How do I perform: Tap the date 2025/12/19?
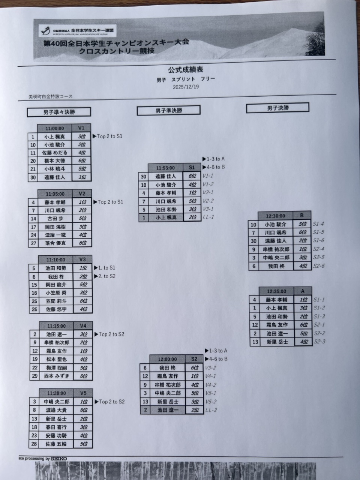click(186, 87)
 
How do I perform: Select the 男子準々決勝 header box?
click(59, 112)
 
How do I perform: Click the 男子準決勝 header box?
click(168, 110)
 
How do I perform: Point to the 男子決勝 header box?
click(277, 108)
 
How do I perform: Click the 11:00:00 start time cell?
click(55, 128)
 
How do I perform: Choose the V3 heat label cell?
click(82, 259)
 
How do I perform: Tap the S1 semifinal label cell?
click(192, 168)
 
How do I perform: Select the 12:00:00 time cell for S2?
click(167, 359)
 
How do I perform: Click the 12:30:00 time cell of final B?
click(275, 216)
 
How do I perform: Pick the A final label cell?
click(303, 291)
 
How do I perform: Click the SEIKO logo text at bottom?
click(59, 459)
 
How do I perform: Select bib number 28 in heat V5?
click(34, 444)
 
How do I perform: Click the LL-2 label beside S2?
click(211, 410)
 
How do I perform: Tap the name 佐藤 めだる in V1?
click(55, 153)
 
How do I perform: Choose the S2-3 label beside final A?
click(319, 342)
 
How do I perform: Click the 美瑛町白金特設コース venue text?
click(51, 96)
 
